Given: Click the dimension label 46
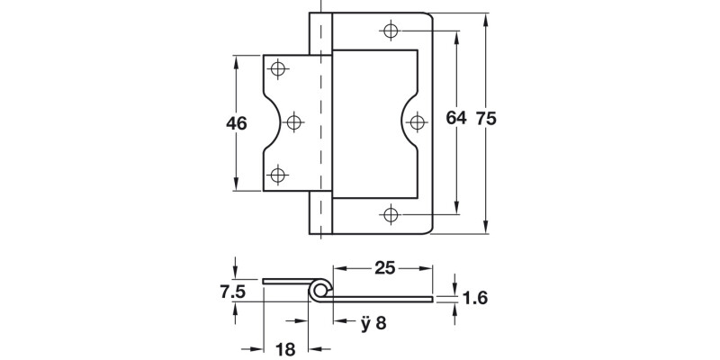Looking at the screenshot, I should [238, 123].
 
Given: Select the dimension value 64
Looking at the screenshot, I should [456, 119].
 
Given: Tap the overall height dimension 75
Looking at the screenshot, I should [486, 119].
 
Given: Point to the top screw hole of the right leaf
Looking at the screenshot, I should [391, 32].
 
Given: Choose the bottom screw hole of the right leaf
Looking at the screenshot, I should [391, 214].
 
